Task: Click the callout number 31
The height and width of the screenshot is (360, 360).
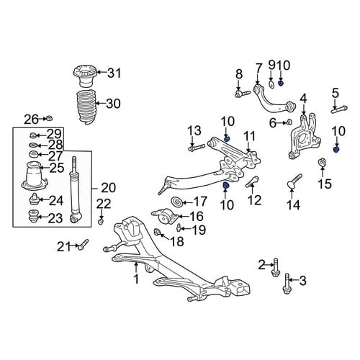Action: coord(114,73)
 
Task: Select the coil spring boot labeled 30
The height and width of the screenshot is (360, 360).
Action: coord(86,107)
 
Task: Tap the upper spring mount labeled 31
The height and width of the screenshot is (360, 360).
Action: coord(84,76)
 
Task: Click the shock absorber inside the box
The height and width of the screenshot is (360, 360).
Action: coord(76,189)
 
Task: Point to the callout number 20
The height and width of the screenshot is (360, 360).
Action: coord(109,188)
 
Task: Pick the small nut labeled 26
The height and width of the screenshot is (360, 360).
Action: coord(50,118)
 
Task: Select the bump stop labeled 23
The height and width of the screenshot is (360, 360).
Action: coord(33,217)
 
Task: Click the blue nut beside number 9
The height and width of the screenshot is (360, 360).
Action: coord(281,83)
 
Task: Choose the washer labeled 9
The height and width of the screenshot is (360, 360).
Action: coord(271,85)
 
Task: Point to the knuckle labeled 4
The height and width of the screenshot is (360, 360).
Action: coord(304,137)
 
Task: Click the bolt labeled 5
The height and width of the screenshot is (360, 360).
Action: coord(339,109)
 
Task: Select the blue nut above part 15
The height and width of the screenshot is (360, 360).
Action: coord(336,150)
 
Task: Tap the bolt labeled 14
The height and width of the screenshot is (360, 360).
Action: coord(294,181)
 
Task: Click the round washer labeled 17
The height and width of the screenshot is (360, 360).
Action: coord(176,202)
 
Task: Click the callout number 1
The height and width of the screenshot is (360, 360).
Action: coord(136,279)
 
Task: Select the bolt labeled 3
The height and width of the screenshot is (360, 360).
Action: coord(287,284)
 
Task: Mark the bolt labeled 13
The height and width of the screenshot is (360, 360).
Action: coord(196,147)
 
